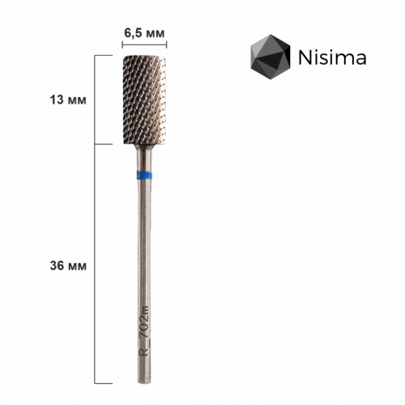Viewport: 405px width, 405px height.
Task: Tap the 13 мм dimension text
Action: [62, 100]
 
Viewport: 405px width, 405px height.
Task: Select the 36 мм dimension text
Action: [62, 266]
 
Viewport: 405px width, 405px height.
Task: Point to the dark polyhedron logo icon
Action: [268, 58]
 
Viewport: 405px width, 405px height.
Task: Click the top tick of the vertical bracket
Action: [103, 56]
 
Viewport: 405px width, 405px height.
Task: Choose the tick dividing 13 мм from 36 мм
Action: [103, 145]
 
